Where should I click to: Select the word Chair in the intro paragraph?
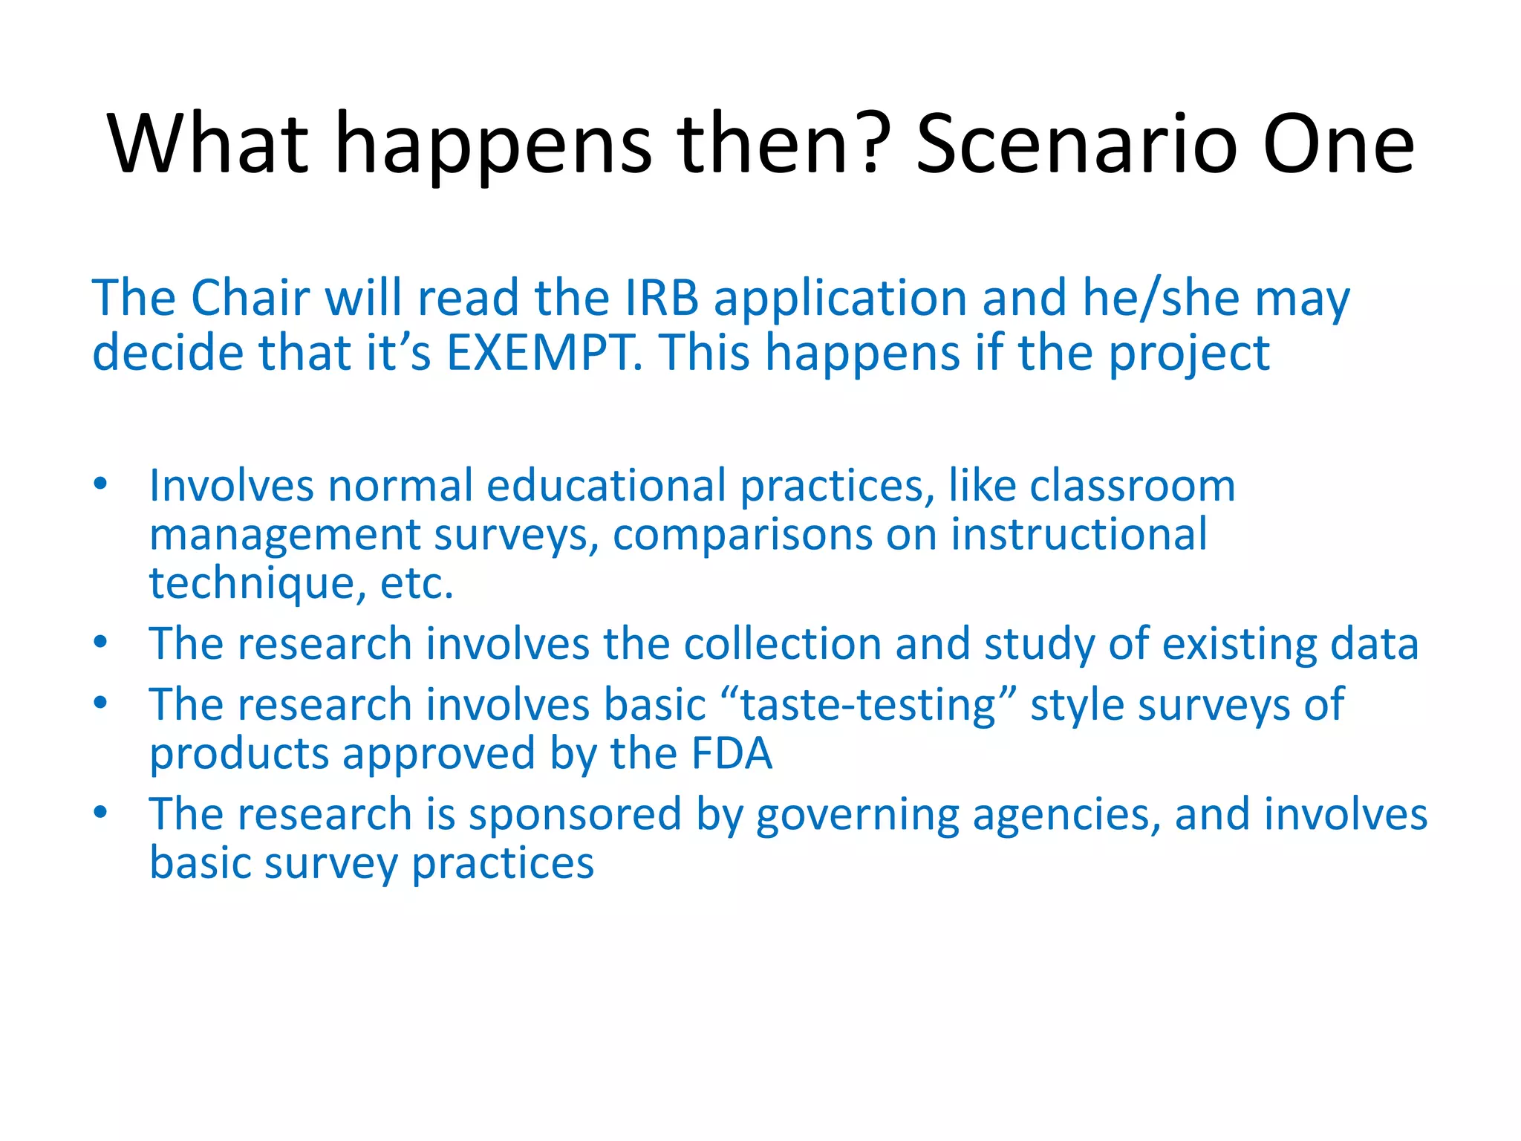(x=250, y=298)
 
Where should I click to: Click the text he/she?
(x=1161, y=298)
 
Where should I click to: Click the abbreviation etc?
(x=416, y=584)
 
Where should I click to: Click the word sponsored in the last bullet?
(x=575, y=814)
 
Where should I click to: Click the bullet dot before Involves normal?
(x=101, y=485)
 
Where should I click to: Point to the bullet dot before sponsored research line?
(x=101, y=812)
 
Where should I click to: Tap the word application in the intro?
(x=840, y=298)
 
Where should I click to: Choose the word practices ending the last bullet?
(x=503, y=864)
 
